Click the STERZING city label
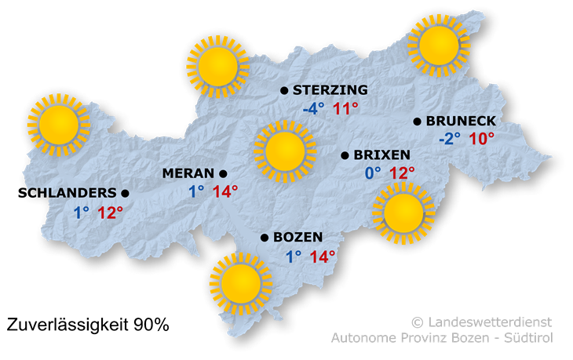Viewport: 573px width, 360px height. point(330,90)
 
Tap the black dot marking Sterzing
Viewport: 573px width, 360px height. point(284,90)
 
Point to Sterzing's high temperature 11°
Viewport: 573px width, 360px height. point(345,109)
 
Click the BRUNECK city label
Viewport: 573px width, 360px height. point(461,121)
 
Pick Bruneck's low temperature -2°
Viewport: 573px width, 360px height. point(450,140)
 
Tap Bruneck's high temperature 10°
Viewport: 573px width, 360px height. point(482,140)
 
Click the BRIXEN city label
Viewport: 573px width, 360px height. point(382,155)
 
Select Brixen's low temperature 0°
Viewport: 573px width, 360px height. point(371,173)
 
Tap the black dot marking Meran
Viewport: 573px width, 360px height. point(223,173)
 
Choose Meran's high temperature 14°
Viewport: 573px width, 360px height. point(224,191)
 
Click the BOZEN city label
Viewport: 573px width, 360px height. point(299,238)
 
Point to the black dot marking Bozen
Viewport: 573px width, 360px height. point(265,238)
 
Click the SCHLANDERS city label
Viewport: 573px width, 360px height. point(71,192)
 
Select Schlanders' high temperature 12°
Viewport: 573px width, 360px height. point(111,212)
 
